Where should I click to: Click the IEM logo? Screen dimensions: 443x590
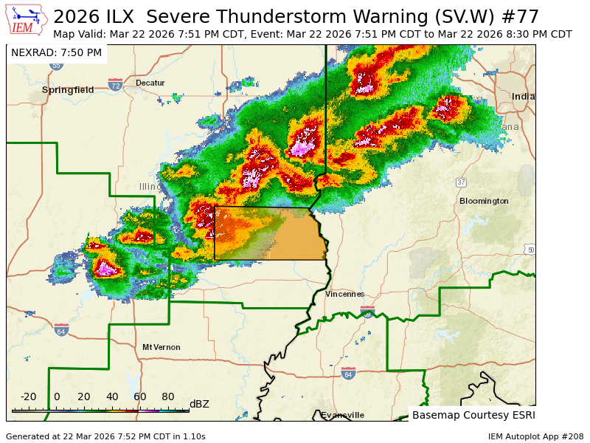[x=27, y=21]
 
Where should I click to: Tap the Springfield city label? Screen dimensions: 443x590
[x=68, y=89]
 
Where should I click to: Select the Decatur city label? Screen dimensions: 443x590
[x=150, y=83]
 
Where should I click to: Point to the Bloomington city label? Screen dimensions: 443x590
[x=484, y=201]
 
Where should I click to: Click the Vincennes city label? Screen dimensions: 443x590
[x=345, y=294]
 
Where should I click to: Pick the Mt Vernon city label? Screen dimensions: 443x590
[x=162, y=347]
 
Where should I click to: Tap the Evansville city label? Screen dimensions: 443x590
[x=342, y=415]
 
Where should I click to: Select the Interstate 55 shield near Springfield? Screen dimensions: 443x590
[x=57, y=65]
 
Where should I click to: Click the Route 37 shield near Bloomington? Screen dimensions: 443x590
[x=461, y=182]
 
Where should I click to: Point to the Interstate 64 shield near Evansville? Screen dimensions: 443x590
[x=348, y=374]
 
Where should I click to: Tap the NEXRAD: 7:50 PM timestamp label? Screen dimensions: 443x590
[x=57, y=52]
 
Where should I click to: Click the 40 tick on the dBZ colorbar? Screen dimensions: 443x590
[x=113, y=396]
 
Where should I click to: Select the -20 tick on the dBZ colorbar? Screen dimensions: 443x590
[x=29, y=396]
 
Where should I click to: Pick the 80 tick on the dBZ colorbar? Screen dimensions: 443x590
[x=168, y=396]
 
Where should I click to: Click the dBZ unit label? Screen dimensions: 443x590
[x=199, y=404]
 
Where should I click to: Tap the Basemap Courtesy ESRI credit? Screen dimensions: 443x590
[x=473, y=415]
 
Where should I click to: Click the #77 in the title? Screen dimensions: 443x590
[x=521, y=16]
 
